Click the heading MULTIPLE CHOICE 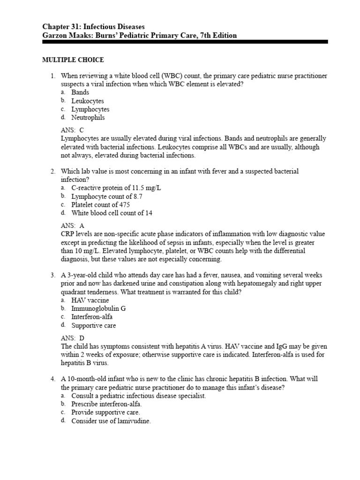click(x=73, y=60)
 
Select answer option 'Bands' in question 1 click(x=80, y=92)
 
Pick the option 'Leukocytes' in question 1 click(x=88, y=101)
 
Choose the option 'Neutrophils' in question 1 click(x=88, y=118)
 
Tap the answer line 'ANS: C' click(x=72, y=130)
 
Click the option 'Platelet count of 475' click(x=100, y=205)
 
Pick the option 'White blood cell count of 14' click(x=112, y=213)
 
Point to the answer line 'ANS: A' click(x=72, y=225)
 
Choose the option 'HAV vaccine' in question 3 click(x=90, y=300)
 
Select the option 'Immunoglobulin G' click(x=98, y=308)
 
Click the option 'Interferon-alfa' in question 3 click(x=92, y=317)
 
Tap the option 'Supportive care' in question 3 click(x=93, y=325)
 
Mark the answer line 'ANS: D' click(x=72, y=337)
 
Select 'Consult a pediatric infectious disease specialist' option click(x=138, y=396)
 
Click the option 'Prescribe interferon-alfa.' click(x=106, y=404)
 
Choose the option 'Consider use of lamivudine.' click(x=111, y=421)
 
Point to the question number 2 click(x=53, y=172)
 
